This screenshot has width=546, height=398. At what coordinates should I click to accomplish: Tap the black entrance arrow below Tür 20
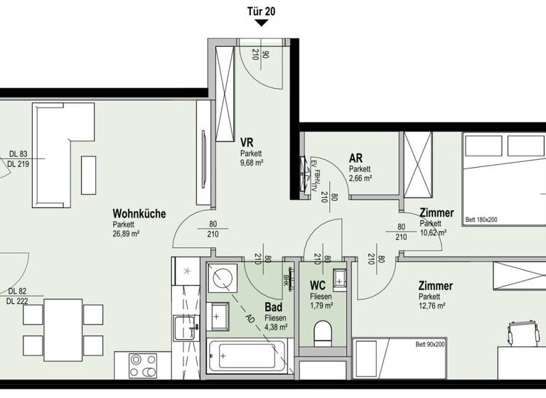pyautogui.click(x=262, y=23)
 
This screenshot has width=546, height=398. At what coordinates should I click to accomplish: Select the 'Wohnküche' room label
pyautogui.click(x=139, y=213)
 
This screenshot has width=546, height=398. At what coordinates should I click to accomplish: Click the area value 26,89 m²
pyautogui.click(x=126, y=233)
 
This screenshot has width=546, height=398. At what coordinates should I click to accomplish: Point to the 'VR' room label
pyautogui.click(x=247, y=141)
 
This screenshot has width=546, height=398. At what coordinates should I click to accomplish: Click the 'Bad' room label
pyautogui.click(x=274, y=307)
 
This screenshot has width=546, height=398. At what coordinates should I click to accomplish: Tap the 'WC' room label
pyautogui.click(x=318, y=286)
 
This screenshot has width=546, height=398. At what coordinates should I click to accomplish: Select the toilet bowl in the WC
pyautogui.click(x=322, y=333)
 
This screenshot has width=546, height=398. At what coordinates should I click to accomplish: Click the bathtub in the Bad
pyautogui.click(x=246, y=355)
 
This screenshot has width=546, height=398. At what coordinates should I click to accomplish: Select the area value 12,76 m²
pyautogui.click(x=432, y=306)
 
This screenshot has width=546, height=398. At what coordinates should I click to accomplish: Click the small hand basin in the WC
pyautogui.click(x=338, y=277)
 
